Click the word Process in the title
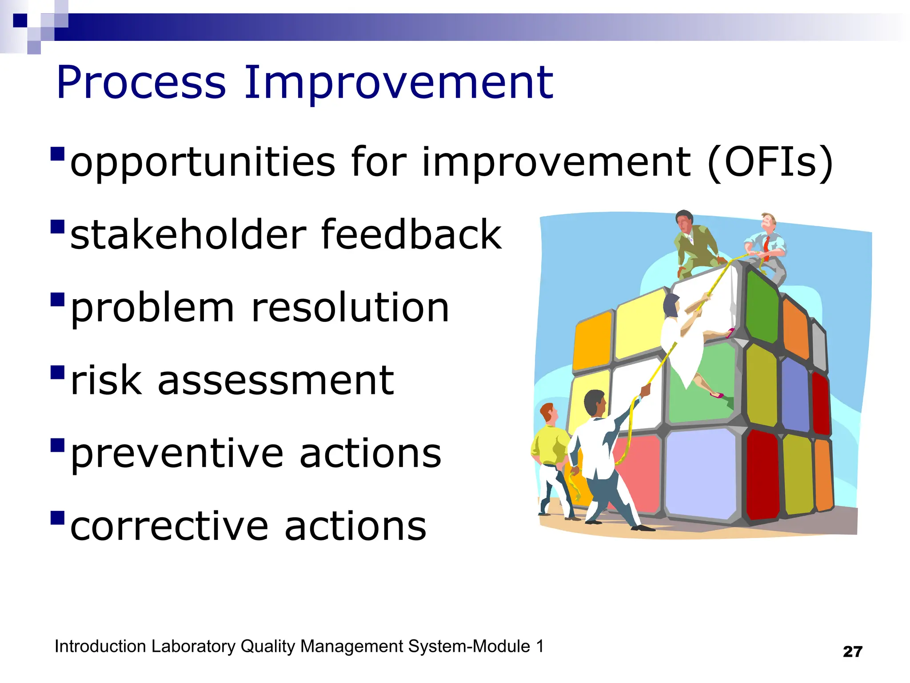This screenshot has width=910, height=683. pyautogui.click(x=141, y=83)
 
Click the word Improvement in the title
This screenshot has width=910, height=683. pyautogui.click(x=399, y=83)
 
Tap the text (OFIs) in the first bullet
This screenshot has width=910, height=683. pyautogui.click(x=770, y=163)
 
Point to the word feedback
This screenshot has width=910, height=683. pyautogui.click(x=411, y=234)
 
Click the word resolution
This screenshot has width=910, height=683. pyautogui.click(x=350, y=308)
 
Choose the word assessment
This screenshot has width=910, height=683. pyautogui.click(x=275, y=381)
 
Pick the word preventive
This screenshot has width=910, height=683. pyautogui.click(x=177, y=454)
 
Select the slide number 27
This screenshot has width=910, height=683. pyautogui.click(x=852, y=652)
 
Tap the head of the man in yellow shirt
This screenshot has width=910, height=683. pyautogui.click(x=549, y=414)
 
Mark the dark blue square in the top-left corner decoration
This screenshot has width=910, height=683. pyautogui.click(x=20, y=20)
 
